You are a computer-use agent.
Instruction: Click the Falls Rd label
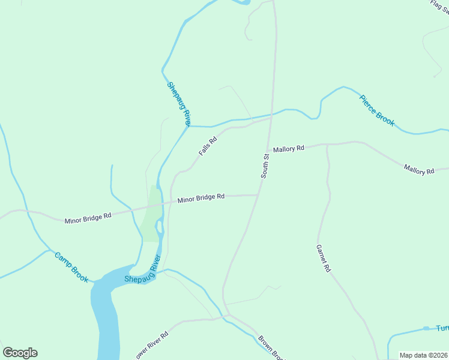click(x=208, y=146)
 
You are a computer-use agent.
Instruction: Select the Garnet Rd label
click(x=324, y=259)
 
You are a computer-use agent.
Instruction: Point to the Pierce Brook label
click(x=377, y=110)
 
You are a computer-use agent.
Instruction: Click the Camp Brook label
click(x=71, y=267)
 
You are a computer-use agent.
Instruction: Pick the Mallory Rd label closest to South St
click(x=289, y=148)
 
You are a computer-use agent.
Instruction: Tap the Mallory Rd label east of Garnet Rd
click(x=418, y=170)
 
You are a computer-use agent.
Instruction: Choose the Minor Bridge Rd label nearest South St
click(x=200, y=197)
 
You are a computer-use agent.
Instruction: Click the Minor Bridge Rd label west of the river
click(x=88, y=217)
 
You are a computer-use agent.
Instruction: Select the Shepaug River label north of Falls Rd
click(x=179, y=104)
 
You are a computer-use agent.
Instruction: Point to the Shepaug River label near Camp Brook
click(x=143, y=269)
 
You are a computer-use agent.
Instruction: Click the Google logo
click(x=20, y=353)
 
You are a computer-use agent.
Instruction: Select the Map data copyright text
click(x=423, y=355)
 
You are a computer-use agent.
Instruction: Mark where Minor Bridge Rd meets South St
click(x=258, y=194)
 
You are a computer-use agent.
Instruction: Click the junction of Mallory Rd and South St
click(x=268, y=151)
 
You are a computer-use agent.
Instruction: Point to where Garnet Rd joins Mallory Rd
click(x=327, y=144)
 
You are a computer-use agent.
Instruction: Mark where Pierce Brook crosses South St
click(x=272, y=113)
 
